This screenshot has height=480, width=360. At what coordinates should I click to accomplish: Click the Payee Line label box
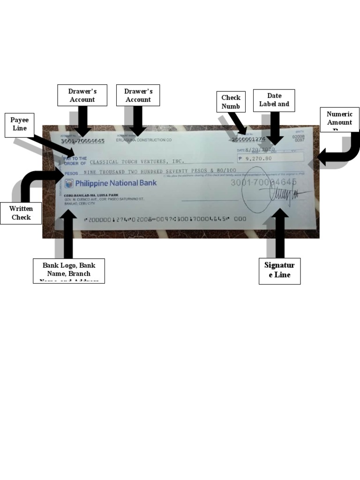tap(19, 124)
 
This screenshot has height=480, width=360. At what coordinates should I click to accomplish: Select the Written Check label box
tap(21, 213)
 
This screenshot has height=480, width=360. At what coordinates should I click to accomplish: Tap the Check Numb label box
tap(231, 102)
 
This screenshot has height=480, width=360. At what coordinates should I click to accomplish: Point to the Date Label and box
tap(274, 100)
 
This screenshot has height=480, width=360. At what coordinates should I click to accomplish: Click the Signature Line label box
tap(279, 270)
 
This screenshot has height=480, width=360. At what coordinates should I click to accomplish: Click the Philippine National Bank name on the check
tap(116, 183)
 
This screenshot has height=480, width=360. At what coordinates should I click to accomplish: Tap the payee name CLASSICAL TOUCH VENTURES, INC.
tap(136, 162)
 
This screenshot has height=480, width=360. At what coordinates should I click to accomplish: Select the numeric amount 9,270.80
tap(257, 158)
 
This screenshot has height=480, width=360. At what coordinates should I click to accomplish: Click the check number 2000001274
tap(248, 139)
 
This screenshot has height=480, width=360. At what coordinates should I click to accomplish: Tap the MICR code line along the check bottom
tap(164, 219)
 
